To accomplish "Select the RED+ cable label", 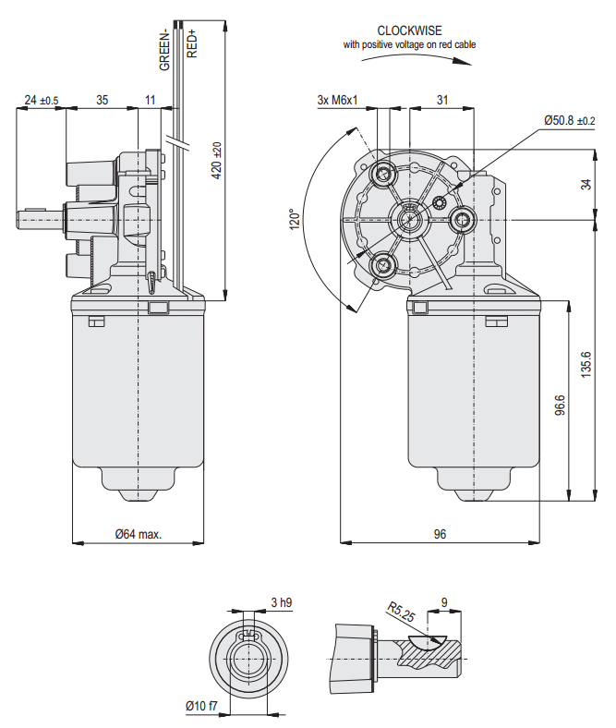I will coord(192,43).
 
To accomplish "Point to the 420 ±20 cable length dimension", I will coord(217,161).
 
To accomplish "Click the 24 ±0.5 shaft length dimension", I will coord(41,100).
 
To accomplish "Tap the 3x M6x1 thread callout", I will coord(336,100).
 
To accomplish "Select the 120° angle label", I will coord(295,219).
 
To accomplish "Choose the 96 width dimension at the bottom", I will coord(440,534).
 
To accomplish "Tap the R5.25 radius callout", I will coord(398,613).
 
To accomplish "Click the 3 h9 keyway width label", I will coord(281,603).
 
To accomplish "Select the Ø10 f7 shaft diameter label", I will coord(201,707).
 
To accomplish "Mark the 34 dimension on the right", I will coord(586,184).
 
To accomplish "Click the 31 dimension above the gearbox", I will coord(442,100).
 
